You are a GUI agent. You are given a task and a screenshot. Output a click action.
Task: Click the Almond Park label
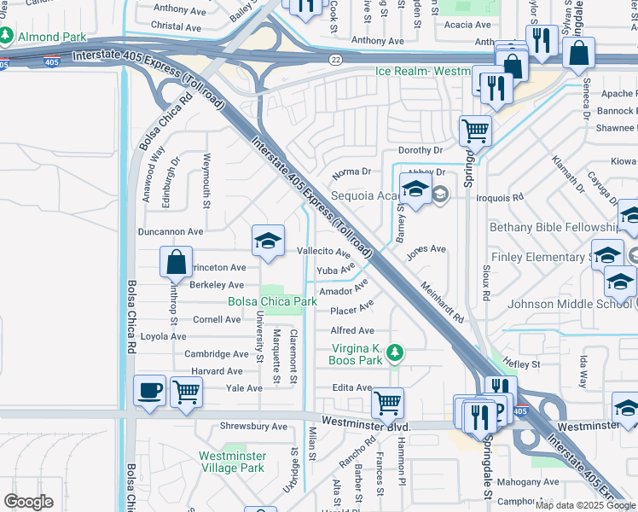point(50,37)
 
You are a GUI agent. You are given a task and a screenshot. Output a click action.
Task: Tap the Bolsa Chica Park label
point(272,301)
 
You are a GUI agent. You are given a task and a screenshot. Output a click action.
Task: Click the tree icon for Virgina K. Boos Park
point(394,352)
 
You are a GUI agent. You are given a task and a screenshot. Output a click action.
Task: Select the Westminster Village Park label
point(232,462)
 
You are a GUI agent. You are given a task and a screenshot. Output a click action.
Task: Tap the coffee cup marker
point(150,392)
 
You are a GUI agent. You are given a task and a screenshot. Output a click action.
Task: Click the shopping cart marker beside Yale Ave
point(186,392)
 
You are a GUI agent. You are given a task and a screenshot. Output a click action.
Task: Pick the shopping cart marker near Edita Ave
point(387,400)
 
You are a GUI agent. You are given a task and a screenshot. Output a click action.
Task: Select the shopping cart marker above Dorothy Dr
point(475,131)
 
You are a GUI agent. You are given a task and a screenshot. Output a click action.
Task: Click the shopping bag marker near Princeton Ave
point(176,263)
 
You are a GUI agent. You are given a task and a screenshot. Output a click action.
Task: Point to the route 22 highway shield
point(337,57)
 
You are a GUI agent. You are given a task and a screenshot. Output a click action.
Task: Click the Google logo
point(28,501)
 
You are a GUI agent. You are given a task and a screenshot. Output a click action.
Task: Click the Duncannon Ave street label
point(171,231)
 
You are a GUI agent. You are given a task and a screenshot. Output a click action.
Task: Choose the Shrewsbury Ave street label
point(254,426)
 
